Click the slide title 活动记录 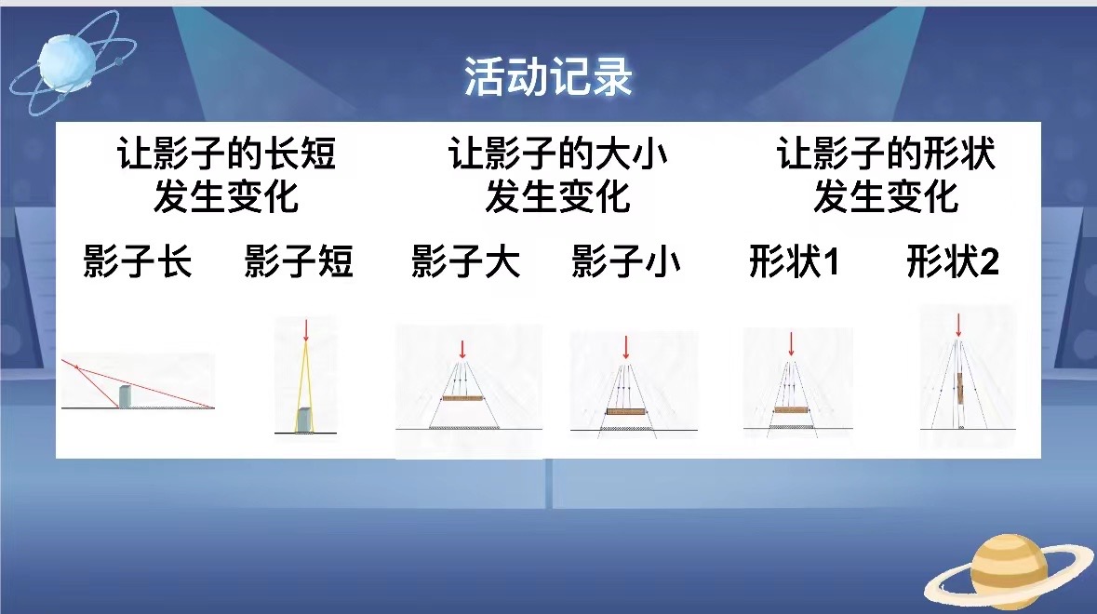549,76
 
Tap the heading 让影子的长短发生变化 226,175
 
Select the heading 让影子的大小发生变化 557,175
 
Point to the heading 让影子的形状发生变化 886,175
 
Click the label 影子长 137,261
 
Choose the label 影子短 299,261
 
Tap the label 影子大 466,261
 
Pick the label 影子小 626,261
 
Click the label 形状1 794,261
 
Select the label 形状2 953,261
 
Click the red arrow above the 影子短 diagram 306,330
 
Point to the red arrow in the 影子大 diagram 462,349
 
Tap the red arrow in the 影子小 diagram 626,348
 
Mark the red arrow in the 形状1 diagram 791,344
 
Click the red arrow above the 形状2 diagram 958,326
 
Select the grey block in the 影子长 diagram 125,396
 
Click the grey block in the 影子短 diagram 305,420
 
